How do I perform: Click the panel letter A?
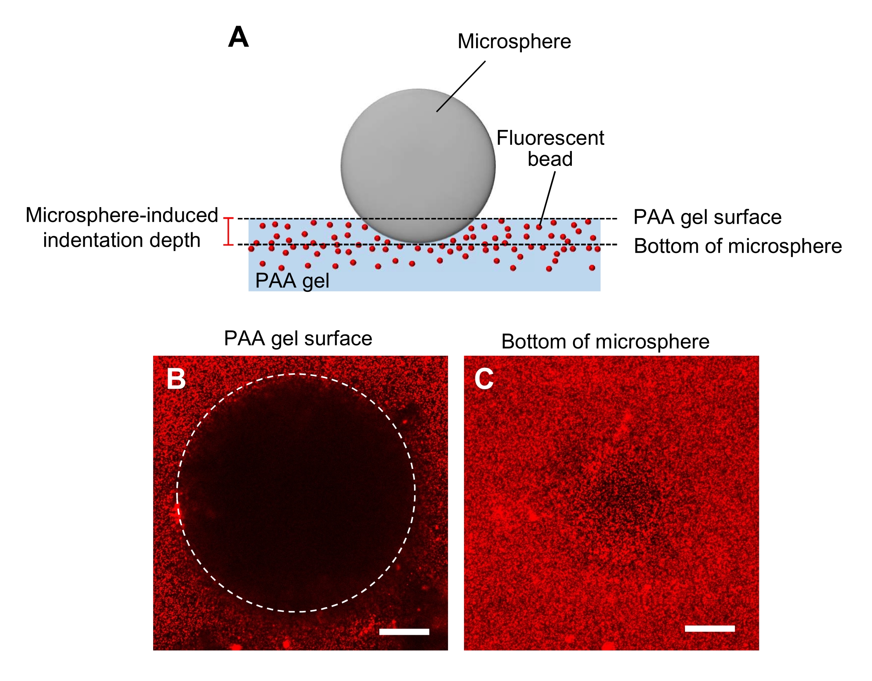click(238, 38)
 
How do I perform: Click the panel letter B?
click(176, 378)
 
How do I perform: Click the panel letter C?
click(484, 378)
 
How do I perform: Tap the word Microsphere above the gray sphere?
click(514, 42)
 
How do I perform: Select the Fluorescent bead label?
click(550, 148)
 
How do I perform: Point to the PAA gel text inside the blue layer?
click(292, 281)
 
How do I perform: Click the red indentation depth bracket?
click(228, 231)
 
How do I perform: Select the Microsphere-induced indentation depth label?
click(122, 227)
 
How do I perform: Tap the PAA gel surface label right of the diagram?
click(707, 217)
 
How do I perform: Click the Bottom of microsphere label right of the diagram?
click(738, 246)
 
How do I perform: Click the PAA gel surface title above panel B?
click(298, 338)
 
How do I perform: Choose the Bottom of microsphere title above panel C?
click(605, 342)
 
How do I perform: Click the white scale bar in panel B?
click(404, 631)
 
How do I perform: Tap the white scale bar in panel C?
click(709, 629)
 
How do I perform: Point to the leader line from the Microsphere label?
click(461, 86)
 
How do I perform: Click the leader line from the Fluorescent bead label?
click(547, 198)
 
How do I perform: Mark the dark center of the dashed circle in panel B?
click(296, 492)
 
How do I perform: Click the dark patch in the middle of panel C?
click(619, 495)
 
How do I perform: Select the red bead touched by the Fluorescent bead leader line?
click(539, 227)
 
